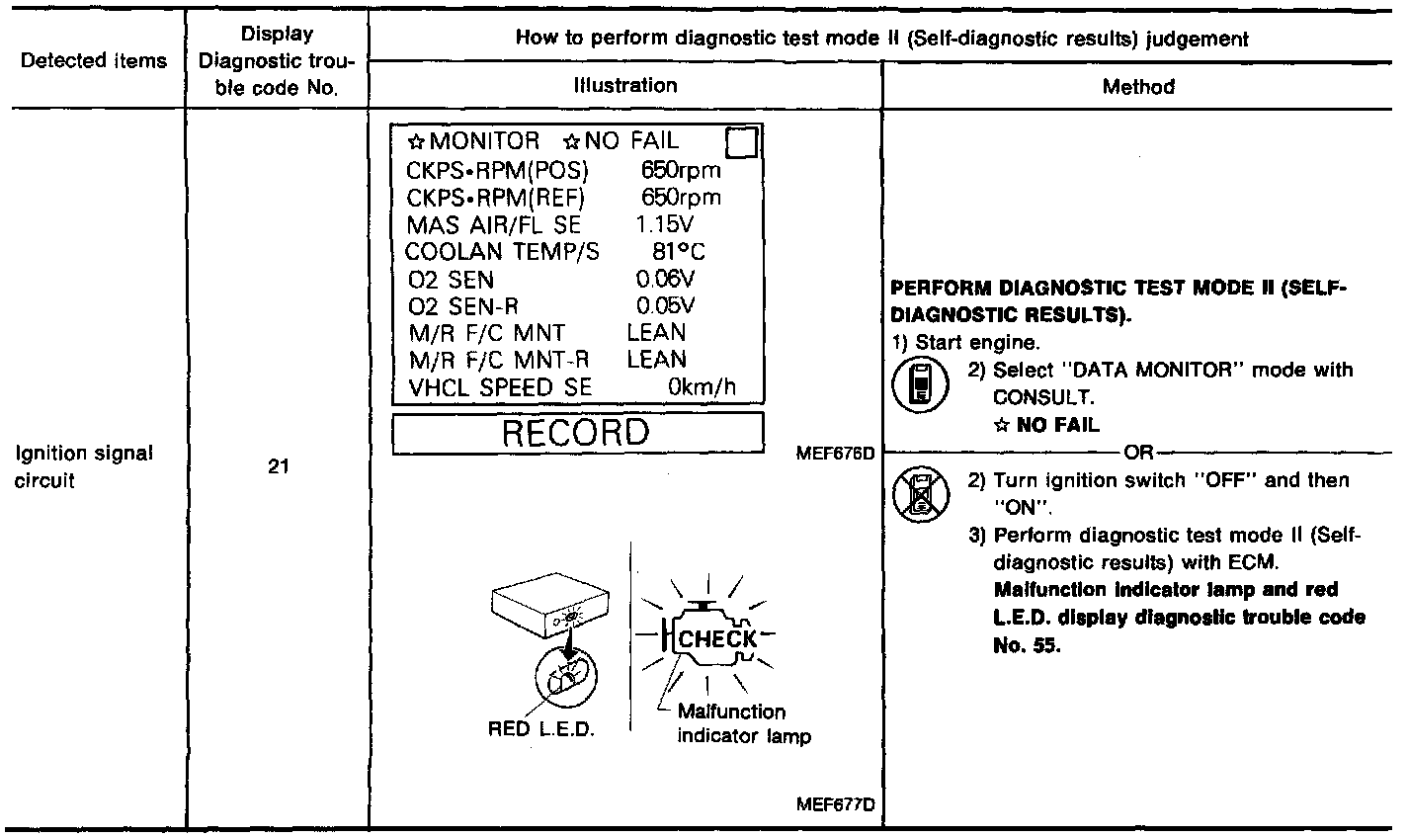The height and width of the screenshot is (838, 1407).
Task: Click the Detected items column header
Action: click(95, 60)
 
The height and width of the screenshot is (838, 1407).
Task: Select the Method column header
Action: click(1138, 87)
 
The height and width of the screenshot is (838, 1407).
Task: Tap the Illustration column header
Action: click(624, 86)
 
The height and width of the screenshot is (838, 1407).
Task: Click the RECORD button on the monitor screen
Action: click(578, 434)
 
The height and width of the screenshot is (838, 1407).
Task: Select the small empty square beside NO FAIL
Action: click(741, 144)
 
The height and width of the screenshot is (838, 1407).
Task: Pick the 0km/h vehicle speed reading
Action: click(702, 387)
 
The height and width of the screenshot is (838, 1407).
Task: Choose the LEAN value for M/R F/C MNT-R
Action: click(656, 360)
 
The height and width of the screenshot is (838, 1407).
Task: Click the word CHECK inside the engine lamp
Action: click(718, 638)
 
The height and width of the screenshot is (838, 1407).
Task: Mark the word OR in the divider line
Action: click(1138, 453)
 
